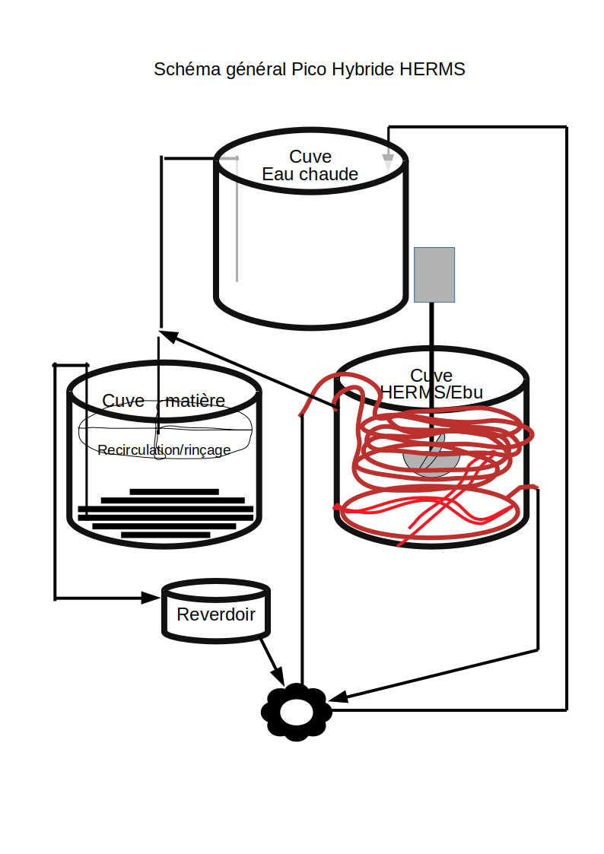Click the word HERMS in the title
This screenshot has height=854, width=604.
tap(432, 69)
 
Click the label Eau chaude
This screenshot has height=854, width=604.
tap(310, 174)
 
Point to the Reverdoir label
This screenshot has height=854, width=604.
tap(216, 614)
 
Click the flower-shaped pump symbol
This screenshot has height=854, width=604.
tap(296, 712)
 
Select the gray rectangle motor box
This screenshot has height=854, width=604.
tap(434, 275)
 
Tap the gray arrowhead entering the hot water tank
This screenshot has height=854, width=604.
tap(388, 162)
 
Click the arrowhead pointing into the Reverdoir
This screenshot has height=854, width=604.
tap(151, 598)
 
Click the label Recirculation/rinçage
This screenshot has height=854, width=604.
tap(164, 450)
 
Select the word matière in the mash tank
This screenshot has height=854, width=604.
tap(195, 401)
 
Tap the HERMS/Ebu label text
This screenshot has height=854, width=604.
tap(431, 392)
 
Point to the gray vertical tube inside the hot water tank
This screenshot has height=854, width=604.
tap(237, 220)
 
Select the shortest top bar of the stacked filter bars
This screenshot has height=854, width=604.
tap(174, 492)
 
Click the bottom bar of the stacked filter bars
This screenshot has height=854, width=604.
tap(166, 535)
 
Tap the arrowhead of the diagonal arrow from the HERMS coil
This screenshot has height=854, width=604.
tap(170, 335)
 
